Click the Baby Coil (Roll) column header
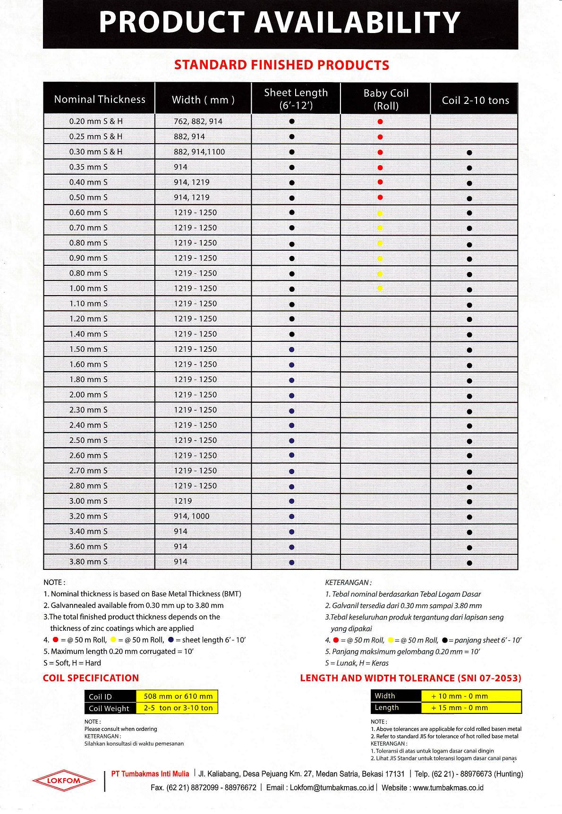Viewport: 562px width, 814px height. tap(386, 99)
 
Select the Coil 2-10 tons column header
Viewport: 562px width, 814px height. tap(475, 100)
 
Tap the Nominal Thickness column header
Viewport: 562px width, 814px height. tap(100, 99)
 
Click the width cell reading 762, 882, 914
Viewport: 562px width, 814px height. tap(198, 121)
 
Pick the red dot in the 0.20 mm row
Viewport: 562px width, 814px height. tap(381, 122)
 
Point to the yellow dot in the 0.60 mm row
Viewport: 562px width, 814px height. tap(381, 213)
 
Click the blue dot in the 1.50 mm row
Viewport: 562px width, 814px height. tap(292, 350)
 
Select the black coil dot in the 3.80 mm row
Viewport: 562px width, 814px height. tap(469, 563)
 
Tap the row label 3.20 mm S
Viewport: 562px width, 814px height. tap(88, 516)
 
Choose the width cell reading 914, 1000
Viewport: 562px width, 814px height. tap(191, 516)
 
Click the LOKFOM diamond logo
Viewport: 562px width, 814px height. tap(64, 781)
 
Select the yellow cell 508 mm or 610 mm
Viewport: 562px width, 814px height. tap(178, 696)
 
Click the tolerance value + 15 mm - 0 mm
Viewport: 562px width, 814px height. tap(460, 707)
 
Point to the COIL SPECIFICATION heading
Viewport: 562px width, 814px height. tap(91, 678)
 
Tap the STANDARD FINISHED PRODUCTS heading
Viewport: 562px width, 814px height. tap(281, 65)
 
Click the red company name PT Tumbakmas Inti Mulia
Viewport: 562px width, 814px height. tap(150, 774)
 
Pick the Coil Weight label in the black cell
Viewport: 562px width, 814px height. tap(109, 708)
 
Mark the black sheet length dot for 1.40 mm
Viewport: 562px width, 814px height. tap(292, 334)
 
